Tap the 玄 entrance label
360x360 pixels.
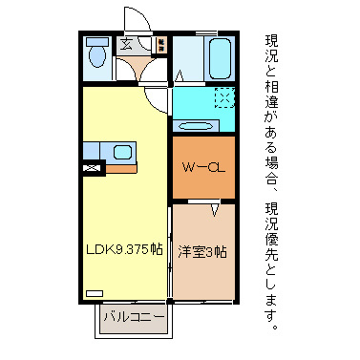pyautogui.click(x=126, y=43)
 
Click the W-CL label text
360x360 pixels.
pyautogui.click(x=202, y=168)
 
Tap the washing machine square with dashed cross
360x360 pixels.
pyautogui.click(x=223, y=97)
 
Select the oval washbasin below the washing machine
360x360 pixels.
pyautogui.click(x=198, y=125)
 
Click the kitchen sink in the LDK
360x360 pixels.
pyautogui.click(x=122, y=151)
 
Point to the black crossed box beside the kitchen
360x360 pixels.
pyautogui.click(x=92, y=169)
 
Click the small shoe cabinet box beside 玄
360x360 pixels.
pyautogui.click(x=160, y=43)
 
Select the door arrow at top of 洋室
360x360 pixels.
pyautogui.click(x=215, y=207)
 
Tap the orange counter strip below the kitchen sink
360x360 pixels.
pyautogui.click(x=121, y=169)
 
